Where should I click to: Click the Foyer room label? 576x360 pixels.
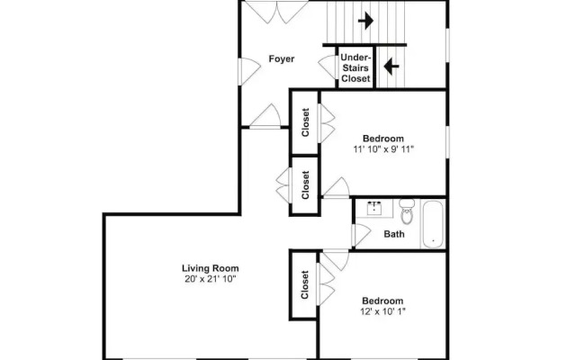[x=282, y=58]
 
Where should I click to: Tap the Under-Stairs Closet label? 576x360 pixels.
[x=355, y=68]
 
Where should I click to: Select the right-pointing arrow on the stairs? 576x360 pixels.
[x=365, y=21]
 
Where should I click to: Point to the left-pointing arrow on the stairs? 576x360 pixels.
[x=391, y=67]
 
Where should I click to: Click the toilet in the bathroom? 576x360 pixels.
[x=406, y=211]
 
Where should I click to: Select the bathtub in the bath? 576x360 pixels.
[x=433, y=224]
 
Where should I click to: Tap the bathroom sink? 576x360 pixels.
[x=374, y=208]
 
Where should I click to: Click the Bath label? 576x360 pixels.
[x=394, y=234]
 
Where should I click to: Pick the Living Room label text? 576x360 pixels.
[x=210, y=268]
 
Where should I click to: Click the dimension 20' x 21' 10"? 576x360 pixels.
[x=210, y=279]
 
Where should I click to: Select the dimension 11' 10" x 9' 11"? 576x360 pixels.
[x=383, y=149]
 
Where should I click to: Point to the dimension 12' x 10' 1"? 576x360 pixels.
[x=382, y=311]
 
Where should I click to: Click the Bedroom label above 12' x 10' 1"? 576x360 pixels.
[x=382, y=301]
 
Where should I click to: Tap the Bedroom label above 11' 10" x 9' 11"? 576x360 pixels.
[x=383, y=139]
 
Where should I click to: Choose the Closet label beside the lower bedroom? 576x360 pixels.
[x=304, y=284]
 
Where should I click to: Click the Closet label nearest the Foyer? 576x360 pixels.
[x=305, y=122]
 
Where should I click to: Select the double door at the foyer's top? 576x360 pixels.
[x=276, y=12]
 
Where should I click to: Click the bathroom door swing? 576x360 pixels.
[x=361, y=235]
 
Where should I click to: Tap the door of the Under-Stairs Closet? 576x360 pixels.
[x=328, y=67]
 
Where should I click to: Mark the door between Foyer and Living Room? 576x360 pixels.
[x=265, y=116]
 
